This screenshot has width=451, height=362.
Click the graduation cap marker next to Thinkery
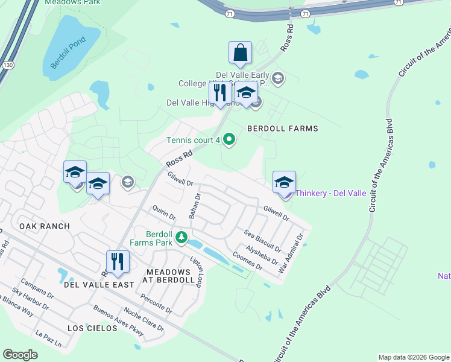point(284,182)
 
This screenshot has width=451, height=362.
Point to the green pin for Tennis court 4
point(229,140)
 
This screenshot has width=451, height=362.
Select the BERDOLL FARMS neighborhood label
point(283,129)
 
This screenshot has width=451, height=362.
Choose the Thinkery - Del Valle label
point(331,193)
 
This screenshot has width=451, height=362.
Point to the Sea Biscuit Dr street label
point(262,242)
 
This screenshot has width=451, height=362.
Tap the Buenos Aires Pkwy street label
point(119,319)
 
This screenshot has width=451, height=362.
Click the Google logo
point(20,354)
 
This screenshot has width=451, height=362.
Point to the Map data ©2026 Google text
point(413,357)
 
